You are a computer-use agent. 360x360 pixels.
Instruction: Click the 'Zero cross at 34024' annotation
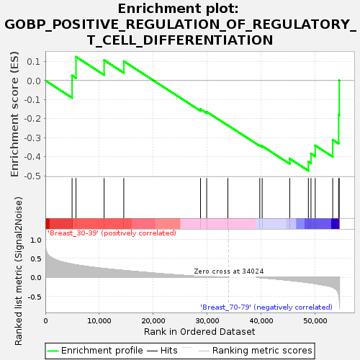coord(229,271)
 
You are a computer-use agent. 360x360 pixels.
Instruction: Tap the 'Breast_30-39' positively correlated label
coord(112,233)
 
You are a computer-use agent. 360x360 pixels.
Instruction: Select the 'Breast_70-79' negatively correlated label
coord(266,307)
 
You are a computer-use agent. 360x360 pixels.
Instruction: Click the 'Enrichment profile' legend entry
coord(95,351)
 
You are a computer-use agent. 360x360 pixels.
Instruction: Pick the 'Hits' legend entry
coord(162,351)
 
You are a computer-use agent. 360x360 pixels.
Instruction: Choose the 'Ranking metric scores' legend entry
coord(256,351)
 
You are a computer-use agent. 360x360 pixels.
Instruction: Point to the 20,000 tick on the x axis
coord(153,321)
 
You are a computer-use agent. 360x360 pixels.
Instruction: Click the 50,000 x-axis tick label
coord(315,321)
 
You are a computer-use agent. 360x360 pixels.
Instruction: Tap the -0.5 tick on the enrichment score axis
coord(32,176)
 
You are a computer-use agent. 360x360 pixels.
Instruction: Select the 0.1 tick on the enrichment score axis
coord(34,62)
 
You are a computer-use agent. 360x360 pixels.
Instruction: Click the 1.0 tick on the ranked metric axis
coord(36,240)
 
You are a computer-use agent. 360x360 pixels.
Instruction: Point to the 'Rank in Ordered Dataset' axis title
coord(199,332)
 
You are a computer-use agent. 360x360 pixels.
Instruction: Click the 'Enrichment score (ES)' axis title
coord(14,114)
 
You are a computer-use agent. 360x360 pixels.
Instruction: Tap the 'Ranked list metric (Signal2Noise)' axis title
coord(19,271)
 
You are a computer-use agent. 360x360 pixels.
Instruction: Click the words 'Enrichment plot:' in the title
coord(179,9)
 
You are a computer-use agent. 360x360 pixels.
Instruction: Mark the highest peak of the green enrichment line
coord(76,57)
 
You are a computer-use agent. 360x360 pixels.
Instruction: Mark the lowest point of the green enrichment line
coord(308,171)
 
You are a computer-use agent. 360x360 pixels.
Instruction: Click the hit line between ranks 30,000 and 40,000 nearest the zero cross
coord(228,198)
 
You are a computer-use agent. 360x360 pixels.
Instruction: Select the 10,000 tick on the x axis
coord(99,321)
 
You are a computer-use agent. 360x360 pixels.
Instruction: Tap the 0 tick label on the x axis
coord(45,321)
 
